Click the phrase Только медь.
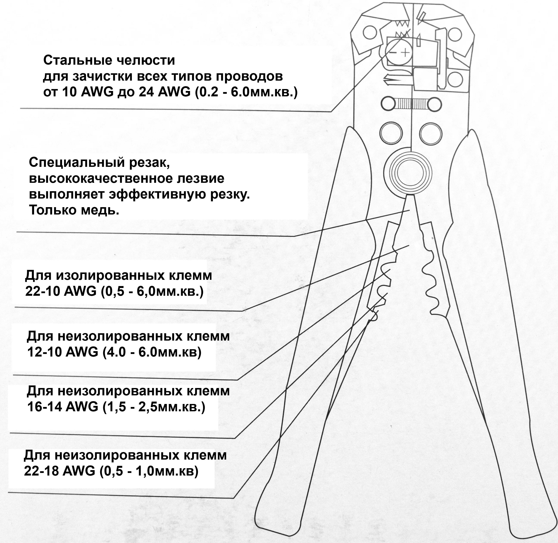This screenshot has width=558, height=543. tap(74, 210)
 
